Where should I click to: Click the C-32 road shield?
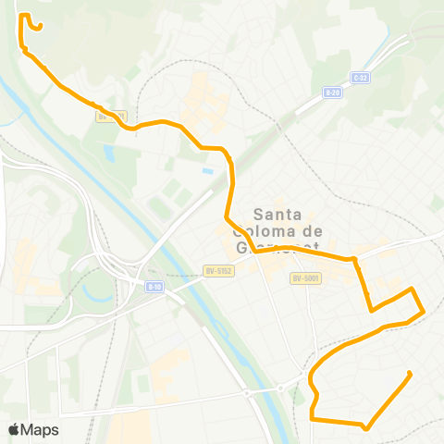[x=360, y=78]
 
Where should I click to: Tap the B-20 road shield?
[x=333, y=92]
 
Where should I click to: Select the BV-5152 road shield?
[x=217, y=270]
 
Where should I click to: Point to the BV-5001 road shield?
[x=304, y=277]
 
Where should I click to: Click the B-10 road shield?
[x=154, y=286]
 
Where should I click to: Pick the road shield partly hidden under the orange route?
[x=111, y=117]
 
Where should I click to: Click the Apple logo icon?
[x=14, y=429]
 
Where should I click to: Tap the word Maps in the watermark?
[x=40, y=429]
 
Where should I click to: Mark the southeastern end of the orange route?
[x=409, y=374]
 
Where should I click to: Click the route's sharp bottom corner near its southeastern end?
[x=367, y=427]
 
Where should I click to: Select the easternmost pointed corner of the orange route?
[x=424, y=312]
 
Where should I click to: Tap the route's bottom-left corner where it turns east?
[x=314, y=419]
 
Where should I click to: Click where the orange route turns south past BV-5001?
[x=355, y=261]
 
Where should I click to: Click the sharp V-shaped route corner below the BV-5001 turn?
[x=372, y=309]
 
